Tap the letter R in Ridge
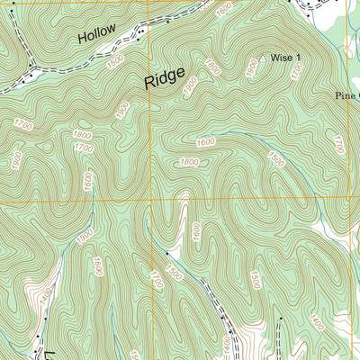148,83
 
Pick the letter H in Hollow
82,39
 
